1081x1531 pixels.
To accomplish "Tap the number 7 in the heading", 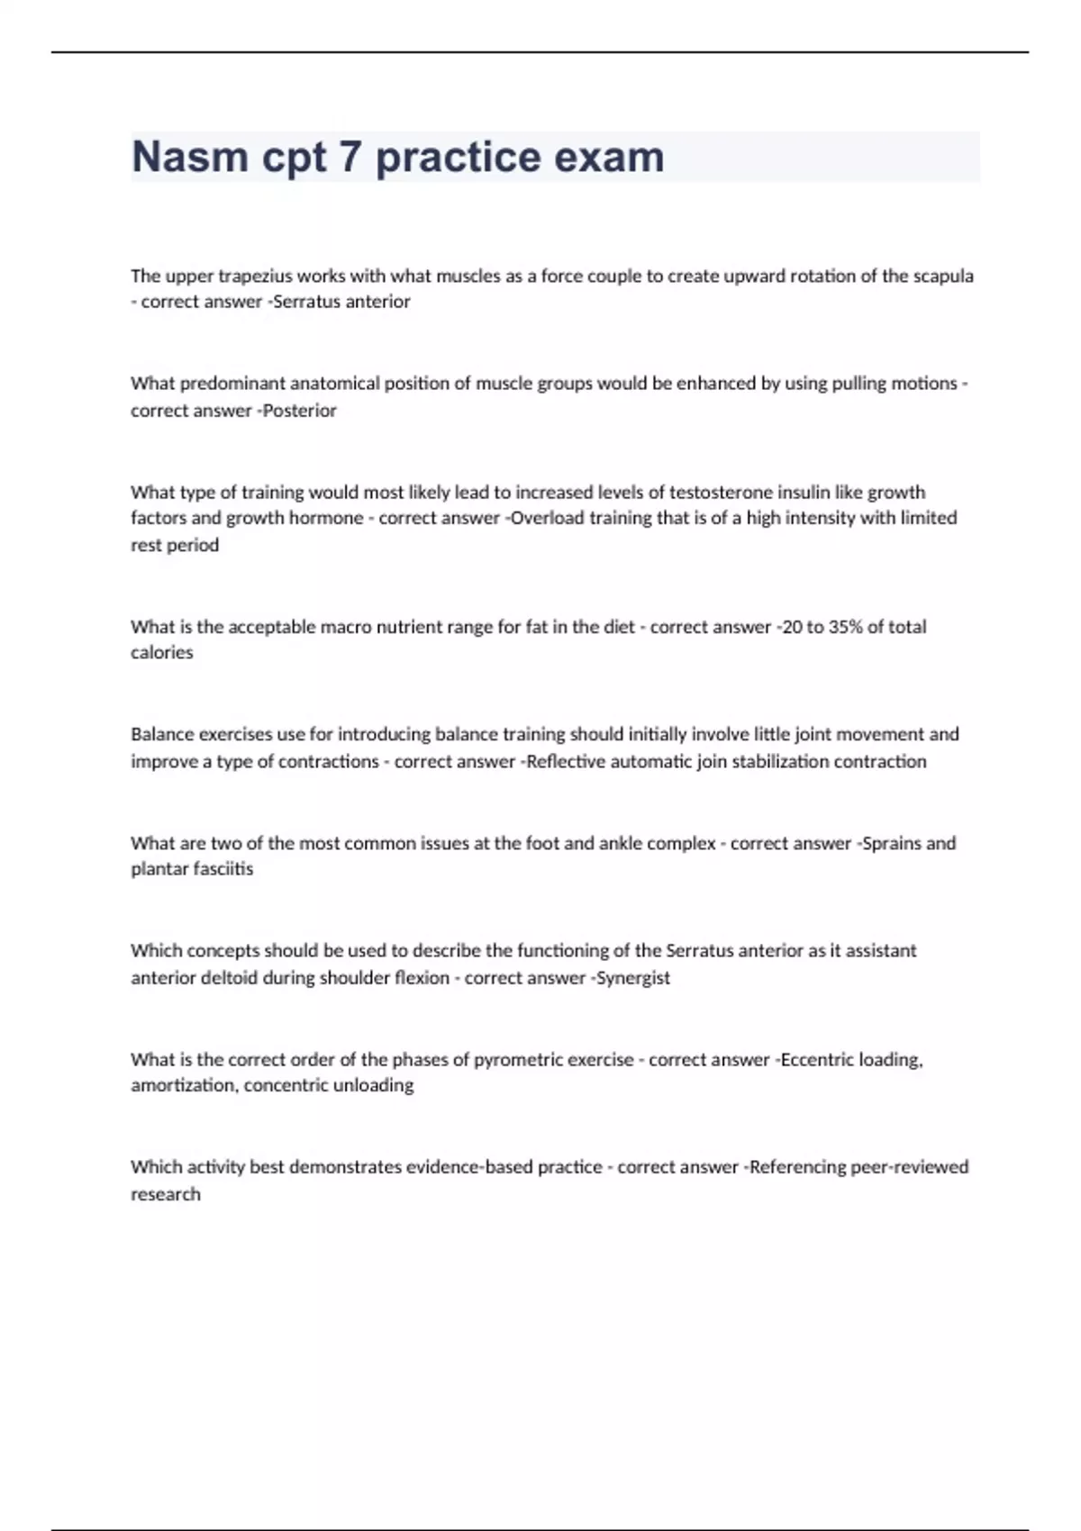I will coord(350,157).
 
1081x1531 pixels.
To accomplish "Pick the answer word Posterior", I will coord(299,411).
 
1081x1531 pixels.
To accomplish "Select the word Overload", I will coord(547,518).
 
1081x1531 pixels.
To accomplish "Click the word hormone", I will coord(327,518).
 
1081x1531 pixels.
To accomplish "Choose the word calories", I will coord(162,653).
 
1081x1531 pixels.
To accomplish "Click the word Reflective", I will coord(566,762).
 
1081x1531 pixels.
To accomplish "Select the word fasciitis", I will coord(225,869).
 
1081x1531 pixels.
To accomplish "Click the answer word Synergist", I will coord(633,978).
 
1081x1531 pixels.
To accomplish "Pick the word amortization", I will coord(185,1086).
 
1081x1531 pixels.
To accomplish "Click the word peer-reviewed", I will coord(910,1167).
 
